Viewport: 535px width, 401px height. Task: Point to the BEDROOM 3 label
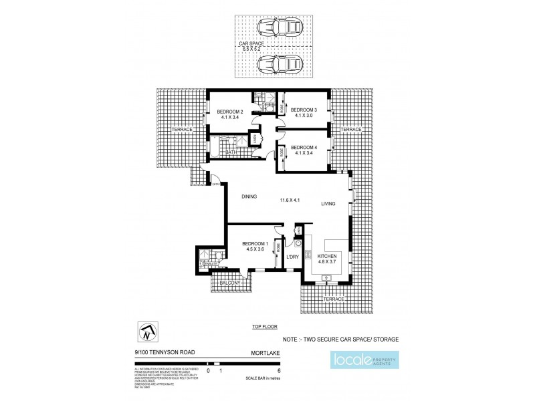[x=304, y=110]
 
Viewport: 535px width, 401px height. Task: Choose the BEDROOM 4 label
[x=304, y=147]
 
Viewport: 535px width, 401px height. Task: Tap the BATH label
[x=231, y=152]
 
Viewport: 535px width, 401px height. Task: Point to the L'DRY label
[x=292, y=257]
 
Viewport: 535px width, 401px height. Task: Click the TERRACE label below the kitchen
[x=332, y=299]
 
